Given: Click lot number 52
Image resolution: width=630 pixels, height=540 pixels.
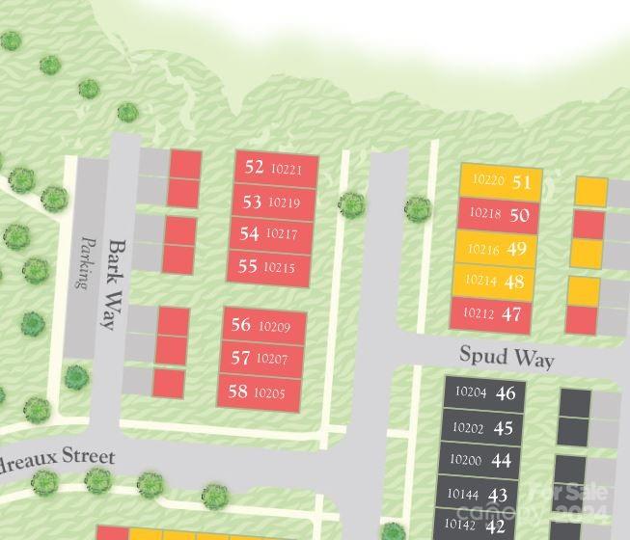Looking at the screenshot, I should click(x=254, y=167).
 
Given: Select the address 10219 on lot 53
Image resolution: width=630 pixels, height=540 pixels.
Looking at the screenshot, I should click(x=284, y=202).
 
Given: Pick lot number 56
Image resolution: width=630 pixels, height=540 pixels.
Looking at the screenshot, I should click(x=240, y=326).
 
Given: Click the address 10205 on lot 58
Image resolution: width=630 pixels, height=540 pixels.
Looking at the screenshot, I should click(x=270, y=392).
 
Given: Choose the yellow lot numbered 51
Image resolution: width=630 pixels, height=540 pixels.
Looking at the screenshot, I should click(x=522, y=181).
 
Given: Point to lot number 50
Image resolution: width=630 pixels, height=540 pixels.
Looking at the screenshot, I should click(x=519, y=215).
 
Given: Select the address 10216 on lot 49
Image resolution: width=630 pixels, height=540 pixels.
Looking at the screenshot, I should click(x=482, y=250).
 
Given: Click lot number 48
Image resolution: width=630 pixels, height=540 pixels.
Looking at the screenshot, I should click(x=515, y=282).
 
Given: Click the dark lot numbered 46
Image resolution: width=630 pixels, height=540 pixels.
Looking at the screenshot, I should click(x=506, y=392).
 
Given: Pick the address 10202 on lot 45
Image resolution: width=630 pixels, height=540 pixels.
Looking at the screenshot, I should click(x=468, y=428).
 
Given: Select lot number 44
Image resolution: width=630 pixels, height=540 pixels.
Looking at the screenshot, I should click(x=501, y=461).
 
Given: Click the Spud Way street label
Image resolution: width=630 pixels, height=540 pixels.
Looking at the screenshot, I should click(x=507, y=357).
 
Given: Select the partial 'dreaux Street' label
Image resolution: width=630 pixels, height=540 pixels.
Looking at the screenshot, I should click(x=58, y=457).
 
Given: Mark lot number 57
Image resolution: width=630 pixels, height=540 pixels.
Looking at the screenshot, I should click(x=240, y=359).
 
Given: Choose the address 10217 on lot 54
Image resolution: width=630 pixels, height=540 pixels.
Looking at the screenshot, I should click(x=281, y=233).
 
